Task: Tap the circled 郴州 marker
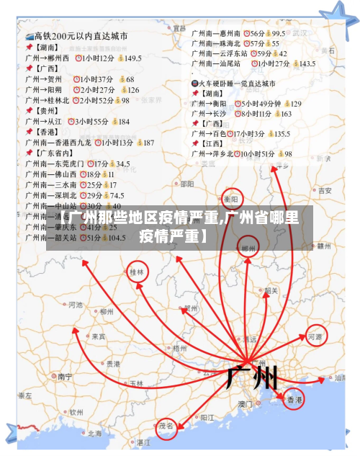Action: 248,249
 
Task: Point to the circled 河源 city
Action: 315,336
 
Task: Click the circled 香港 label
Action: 294,399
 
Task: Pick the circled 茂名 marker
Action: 167,426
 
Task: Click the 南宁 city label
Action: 65,376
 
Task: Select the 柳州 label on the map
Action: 107,311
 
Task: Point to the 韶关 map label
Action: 271,291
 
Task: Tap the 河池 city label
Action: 75,305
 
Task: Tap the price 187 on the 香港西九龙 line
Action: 148,143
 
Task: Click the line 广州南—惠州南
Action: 216,33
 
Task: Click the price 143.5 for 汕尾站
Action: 307,63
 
